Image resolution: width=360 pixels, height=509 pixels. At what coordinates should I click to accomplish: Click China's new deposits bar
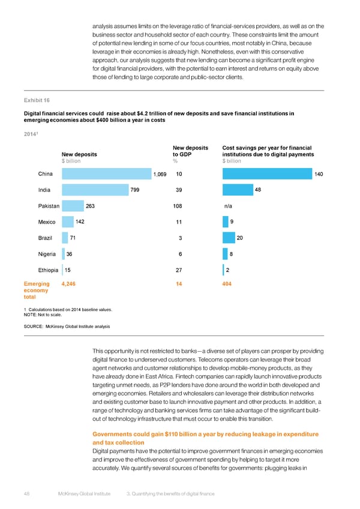(106, 174)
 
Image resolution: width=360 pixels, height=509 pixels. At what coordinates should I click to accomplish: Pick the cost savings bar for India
(237, 190)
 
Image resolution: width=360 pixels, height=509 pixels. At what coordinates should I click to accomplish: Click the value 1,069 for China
(160, 174)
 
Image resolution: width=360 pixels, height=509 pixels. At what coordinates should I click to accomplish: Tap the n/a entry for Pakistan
(228, 206)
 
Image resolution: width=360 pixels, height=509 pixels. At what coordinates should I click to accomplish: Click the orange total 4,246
(68, 283)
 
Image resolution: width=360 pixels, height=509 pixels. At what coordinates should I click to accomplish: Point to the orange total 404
(227, 283)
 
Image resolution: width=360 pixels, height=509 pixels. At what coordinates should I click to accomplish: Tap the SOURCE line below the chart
(67, 326)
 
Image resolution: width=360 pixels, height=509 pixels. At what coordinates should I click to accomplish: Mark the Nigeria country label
(46, 254)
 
